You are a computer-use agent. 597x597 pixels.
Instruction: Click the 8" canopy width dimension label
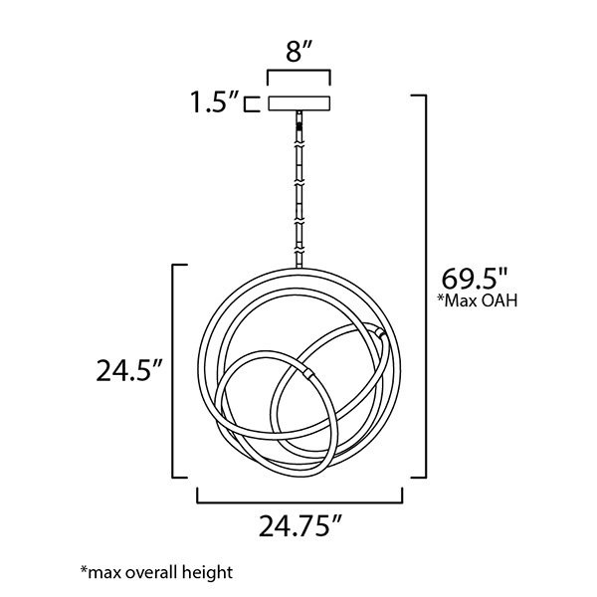299,52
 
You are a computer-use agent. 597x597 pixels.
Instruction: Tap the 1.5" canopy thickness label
215,102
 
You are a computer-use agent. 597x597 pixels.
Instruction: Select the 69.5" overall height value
475,279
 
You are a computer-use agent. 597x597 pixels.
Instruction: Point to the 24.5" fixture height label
129,370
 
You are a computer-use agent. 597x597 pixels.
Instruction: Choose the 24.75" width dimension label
299,525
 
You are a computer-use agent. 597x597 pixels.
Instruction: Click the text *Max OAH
478,300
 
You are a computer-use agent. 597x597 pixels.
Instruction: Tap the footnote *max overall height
156,572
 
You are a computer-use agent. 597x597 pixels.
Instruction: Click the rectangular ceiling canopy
299,103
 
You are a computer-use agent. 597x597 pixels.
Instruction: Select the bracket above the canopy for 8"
298,78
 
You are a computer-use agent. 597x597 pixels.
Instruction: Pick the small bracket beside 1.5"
252,103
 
